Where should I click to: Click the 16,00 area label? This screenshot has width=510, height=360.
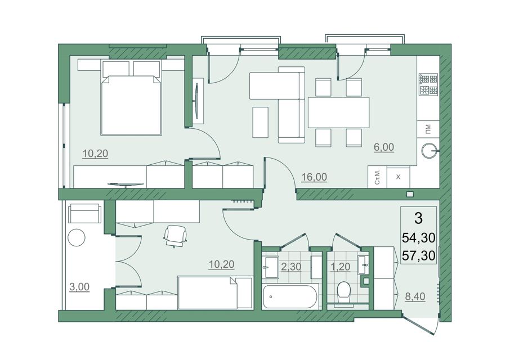[314, 177]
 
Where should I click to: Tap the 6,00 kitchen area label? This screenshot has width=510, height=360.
[384, 147]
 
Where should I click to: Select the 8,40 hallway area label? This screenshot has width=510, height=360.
[415, 296]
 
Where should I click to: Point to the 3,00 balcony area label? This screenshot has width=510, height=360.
[79, 287]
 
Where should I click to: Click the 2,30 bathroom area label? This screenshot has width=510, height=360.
[291, 267]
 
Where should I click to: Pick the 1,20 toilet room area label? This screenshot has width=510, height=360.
[340, 267]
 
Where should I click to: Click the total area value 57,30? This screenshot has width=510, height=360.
[419, 256]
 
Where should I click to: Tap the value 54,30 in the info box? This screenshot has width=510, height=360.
[419, 238]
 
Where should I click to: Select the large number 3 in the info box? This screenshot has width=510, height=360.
[419, 219]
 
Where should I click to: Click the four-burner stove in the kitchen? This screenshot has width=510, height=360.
[428, 84]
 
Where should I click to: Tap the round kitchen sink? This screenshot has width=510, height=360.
[430, 150]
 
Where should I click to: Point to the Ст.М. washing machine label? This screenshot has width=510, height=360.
[377, 177]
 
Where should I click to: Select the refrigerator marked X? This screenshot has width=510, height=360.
[399, 177]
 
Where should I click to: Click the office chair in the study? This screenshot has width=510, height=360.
[176, 236]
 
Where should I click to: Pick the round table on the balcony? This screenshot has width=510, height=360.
[77, 237]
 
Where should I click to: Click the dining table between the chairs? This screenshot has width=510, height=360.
[338, 112]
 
